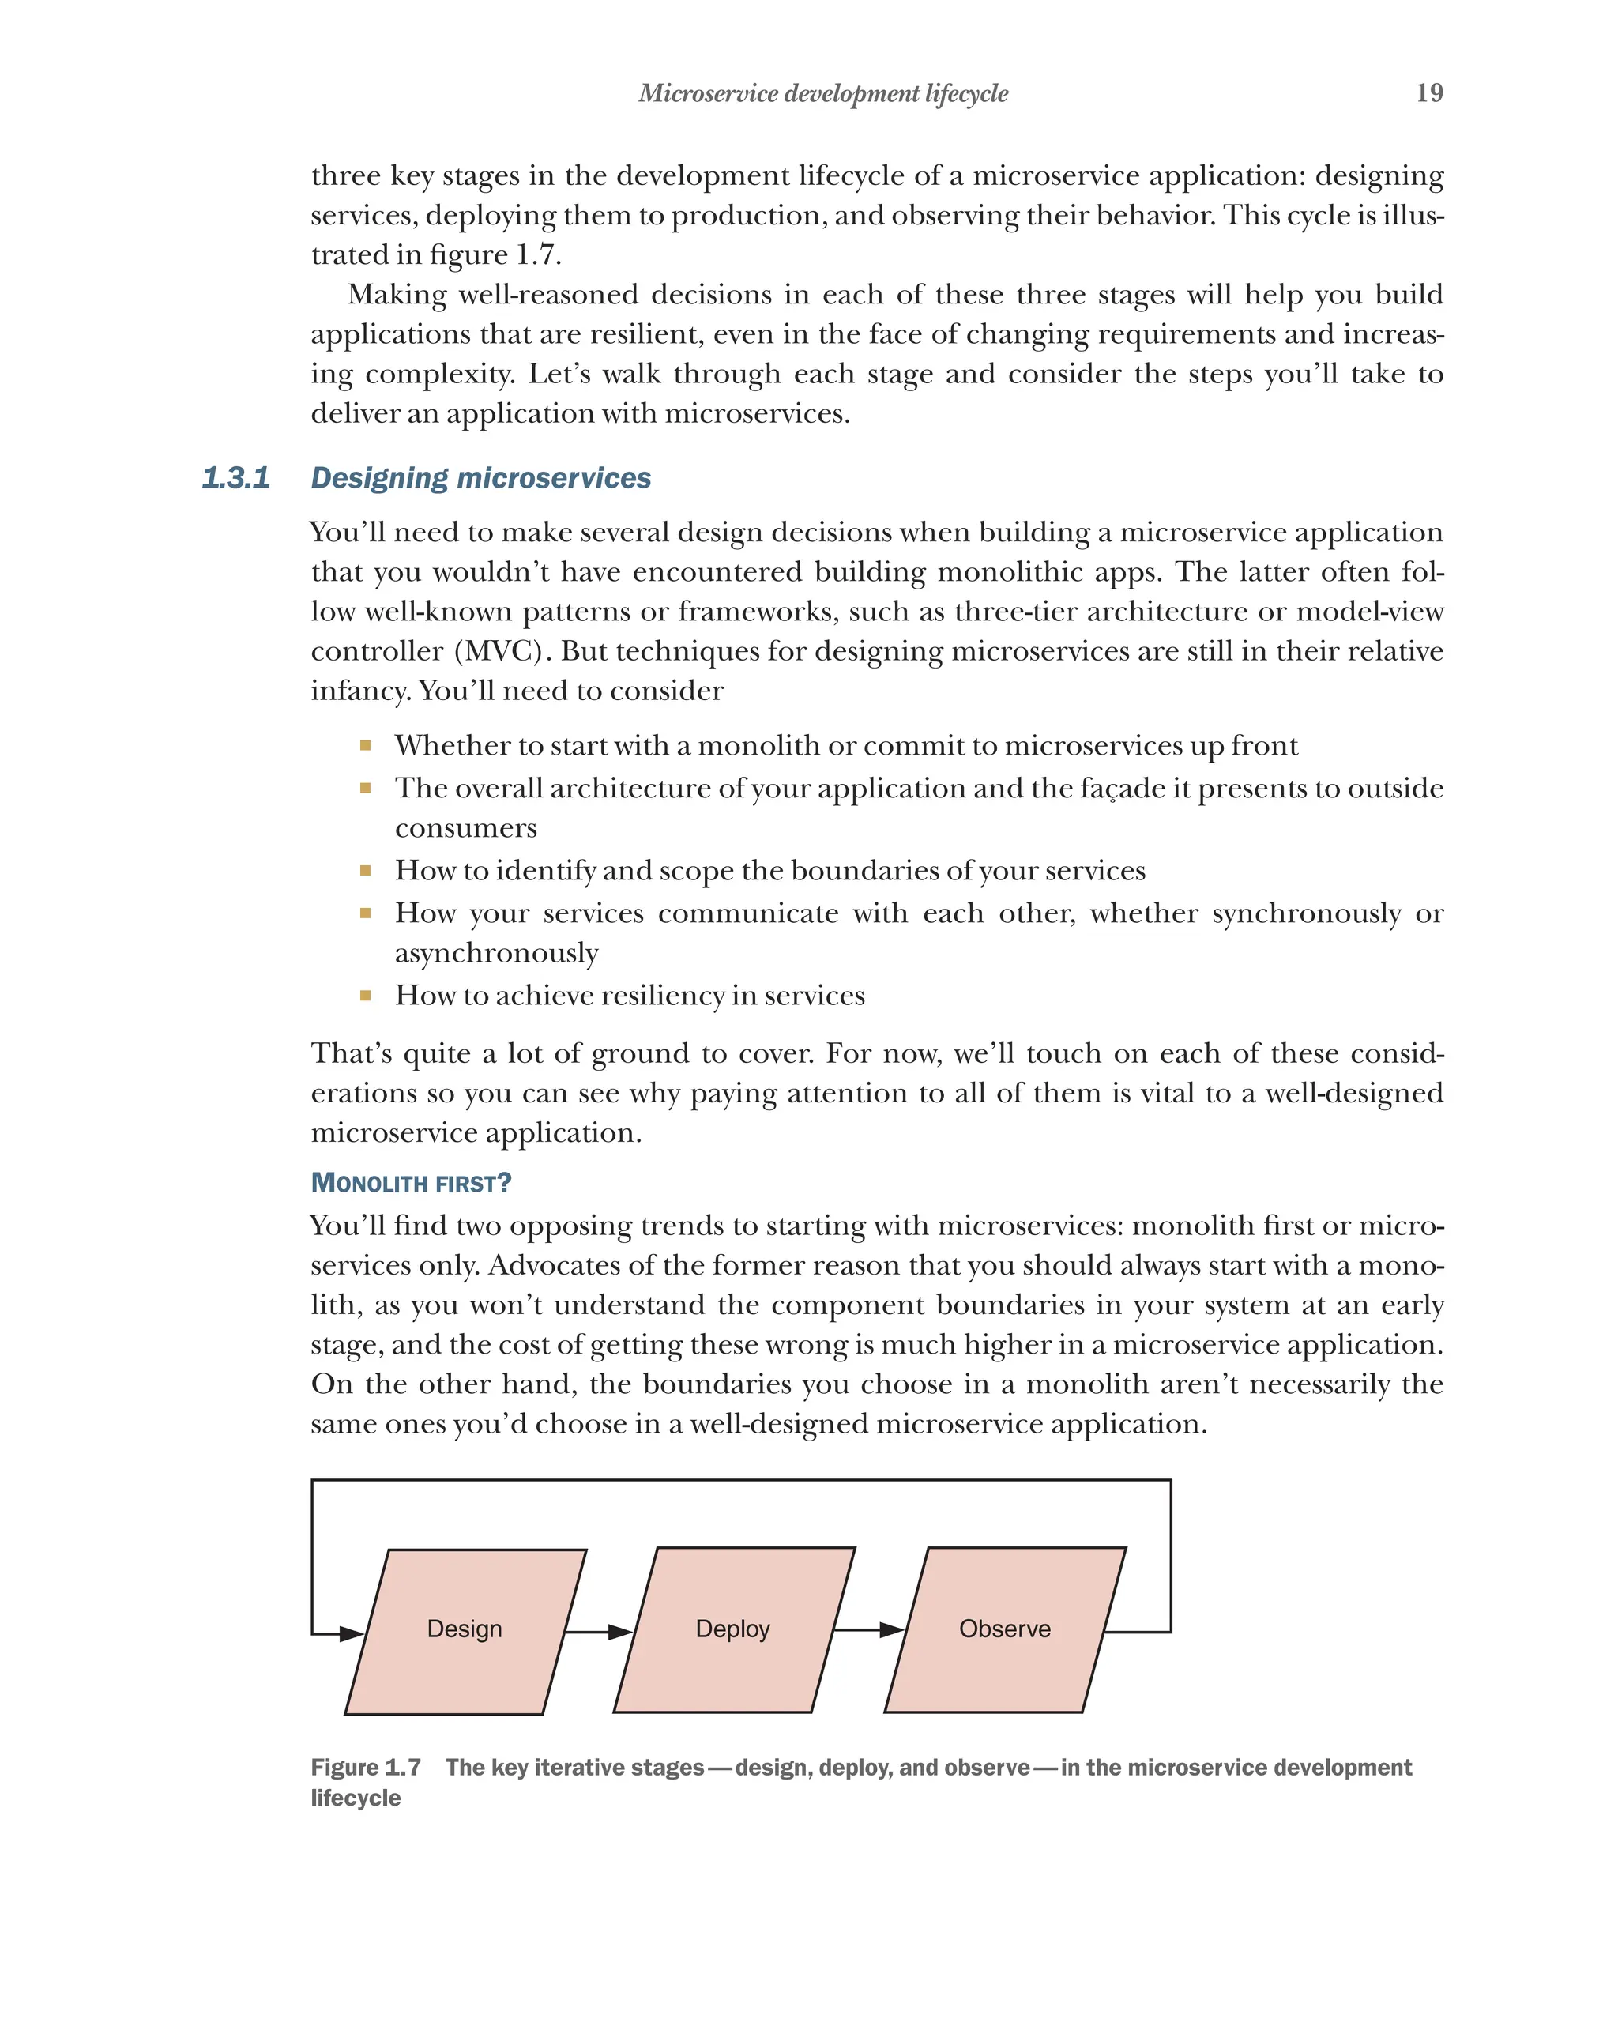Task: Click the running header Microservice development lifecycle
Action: click(822, 93)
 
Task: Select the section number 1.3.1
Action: click(235, 477)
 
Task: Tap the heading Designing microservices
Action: click(480, 477)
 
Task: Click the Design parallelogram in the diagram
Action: click(465, 1630)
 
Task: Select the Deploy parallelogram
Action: click(733, 1630)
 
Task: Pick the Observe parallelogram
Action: click(1004, 1630)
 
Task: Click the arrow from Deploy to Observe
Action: click(867, 1630)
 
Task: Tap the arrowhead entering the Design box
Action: click(351, 1633)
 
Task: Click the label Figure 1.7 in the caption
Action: click(365, 1768)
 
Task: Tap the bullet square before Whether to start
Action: click(365, 746)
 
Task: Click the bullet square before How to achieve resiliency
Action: click(365, 995)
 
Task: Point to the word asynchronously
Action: click(496, 953)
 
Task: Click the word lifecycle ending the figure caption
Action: click(356, 1798)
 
